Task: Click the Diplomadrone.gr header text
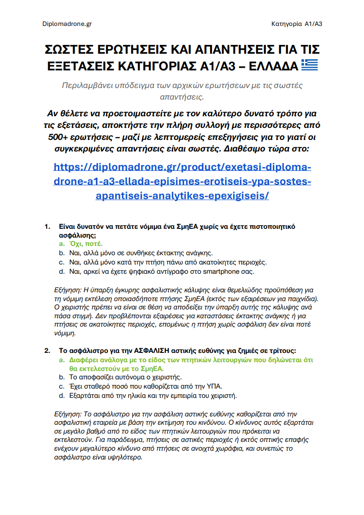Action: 67,24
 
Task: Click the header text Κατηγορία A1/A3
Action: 296,24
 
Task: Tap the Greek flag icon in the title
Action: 309,65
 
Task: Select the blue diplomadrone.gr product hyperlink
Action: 182,181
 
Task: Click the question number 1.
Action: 47,226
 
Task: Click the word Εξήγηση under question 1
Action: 68,290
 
